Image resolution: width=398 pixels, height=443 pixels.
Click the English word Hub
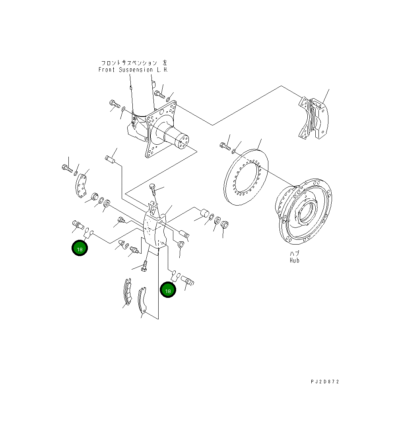point(294,260)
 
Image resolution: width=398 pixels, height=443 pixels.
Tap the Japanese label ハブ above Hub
point(294,254)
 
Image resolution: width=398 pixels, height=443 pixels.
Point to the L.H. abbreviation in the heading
point(163,70)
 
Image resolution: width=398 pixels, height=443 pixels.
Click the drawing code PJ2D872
point(325,382)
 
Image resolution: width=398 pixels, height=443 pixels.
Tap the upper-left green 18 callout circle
point(80,248)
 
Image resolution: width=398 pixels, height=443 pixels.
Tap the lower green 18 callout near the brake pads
point(168,290)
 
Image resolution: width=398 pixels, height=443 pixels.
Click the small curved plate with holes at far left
point(82,185)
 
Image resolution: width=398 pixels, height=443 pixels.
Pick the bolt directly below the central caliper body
point(145,265)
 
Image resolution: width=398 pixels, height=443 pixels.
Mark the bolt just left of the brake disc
point(225,146)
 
